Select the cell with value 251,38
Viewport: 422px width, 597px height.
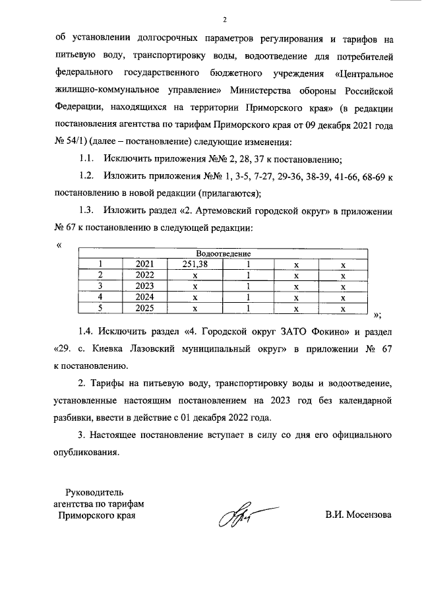tap(195, 264)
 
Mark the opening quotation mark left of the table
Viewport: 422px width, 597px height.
tap(59, 245)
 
